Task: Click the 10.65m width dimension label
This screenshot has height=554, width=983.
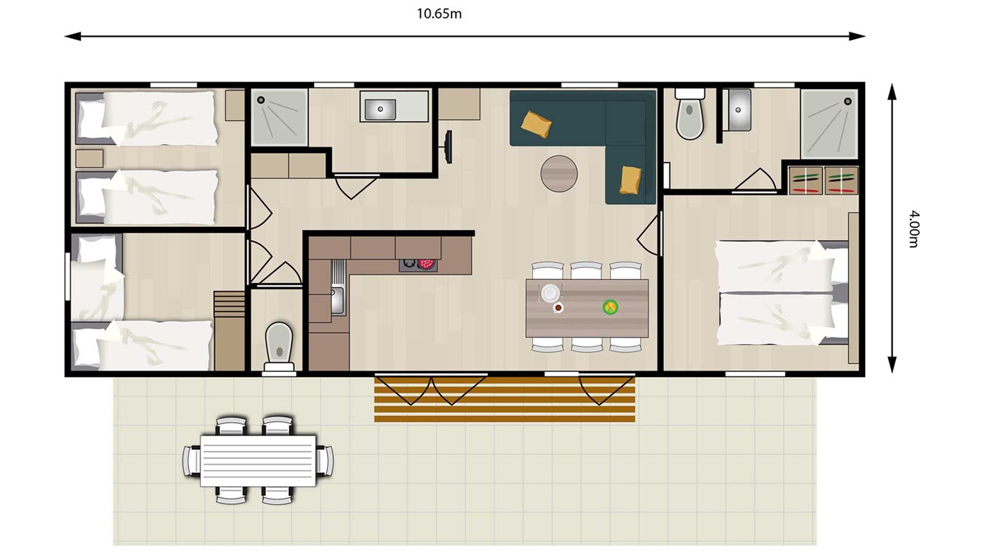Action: (439, 13)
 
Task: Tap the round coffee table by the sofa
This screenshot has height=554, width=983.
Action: (559, 174)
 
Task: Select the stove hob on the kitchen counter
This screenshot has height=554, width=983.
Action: (418, 264)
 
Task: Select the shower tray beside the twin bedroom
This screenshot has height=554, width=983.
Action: (279, 117)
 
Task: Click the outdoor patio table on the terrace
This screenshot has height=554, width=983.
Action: (258, 460)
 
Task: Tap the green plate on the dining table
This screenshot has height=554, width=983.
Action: (609, 306)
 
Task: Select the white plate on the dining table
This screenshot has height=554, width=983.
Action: (550, 293)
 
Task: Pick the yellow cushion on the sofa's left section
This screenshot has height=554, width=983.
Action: (537, 123)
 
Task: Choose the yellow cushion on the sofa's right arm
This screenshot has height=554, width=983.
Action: (631, 180)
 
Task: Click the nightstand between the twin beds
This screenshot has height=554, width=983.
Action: (90, 158)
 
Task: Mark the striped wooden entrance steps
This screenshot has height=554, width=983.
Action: (504, 399)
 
